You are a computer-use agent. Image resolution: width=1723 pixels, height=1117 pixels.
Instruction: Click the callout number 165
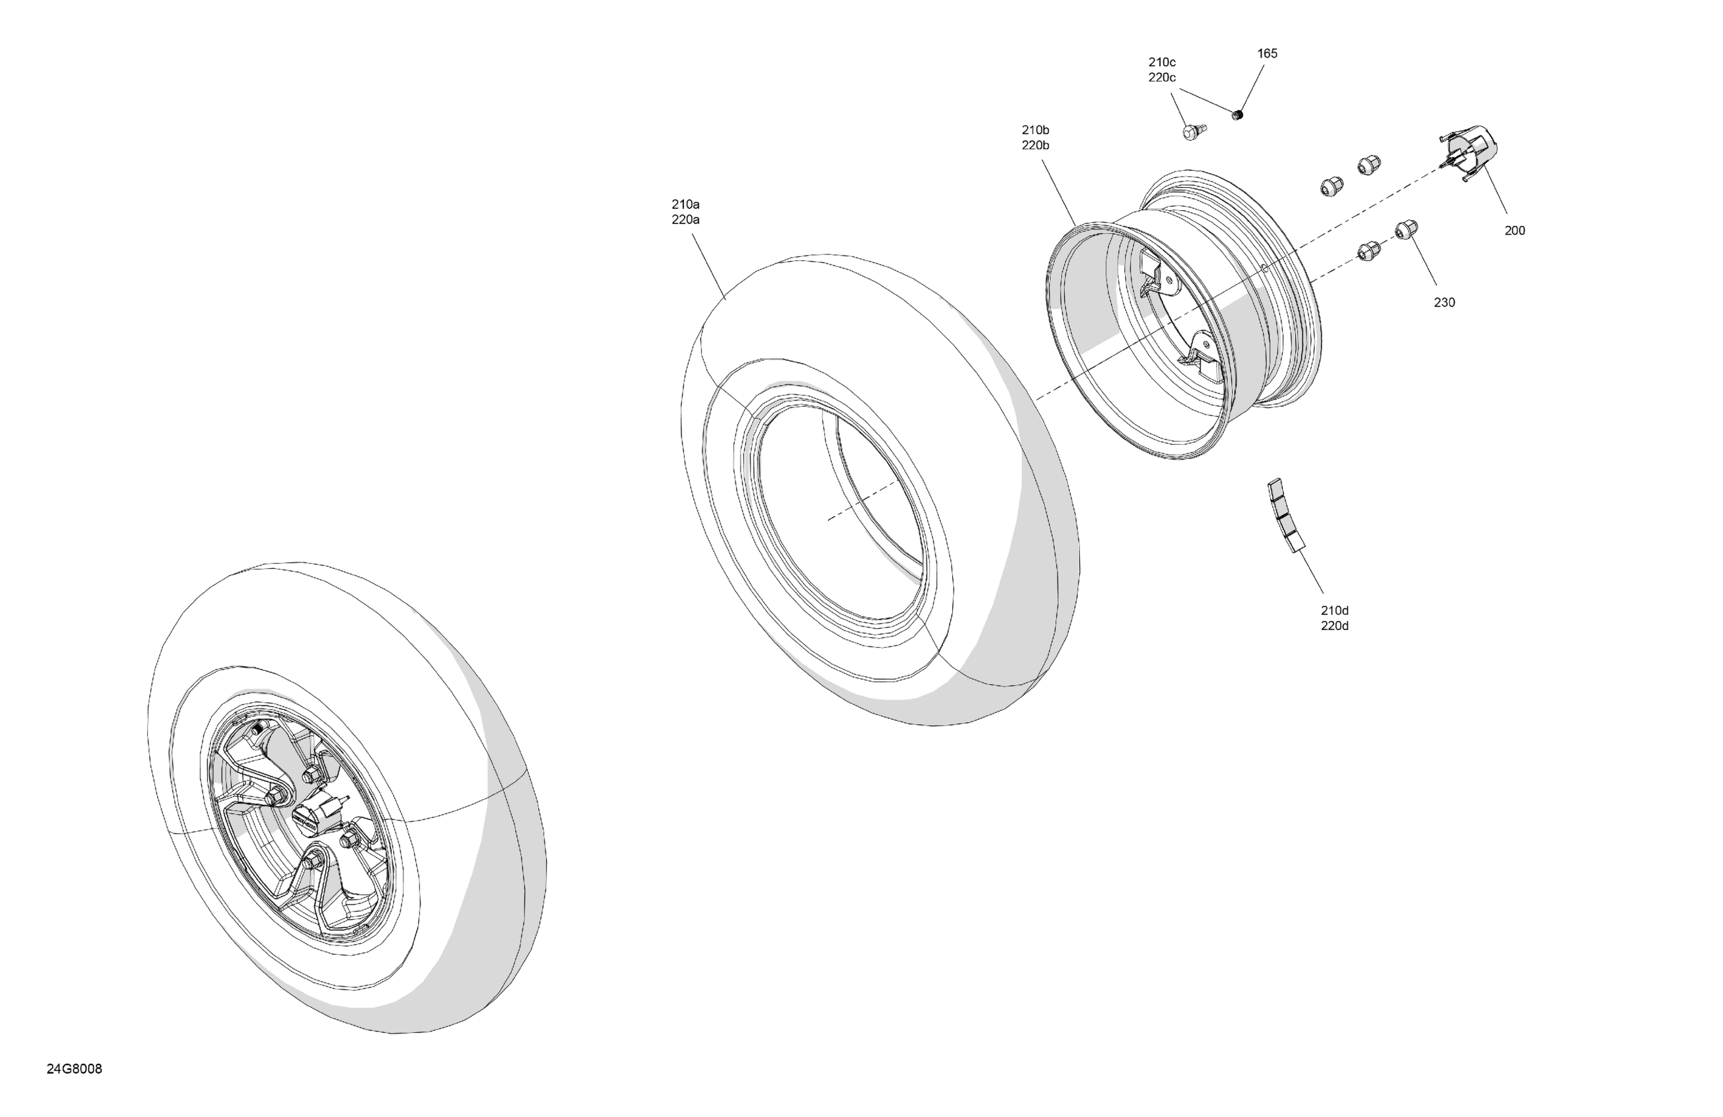(x=1267, y=54)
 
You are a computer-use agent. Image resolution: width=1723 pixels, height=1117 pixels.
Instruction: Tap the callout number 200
(x=1515, y=231)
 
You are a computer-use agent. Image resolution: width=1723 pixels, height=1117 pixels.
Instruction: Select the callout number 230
(x=1444, y=303)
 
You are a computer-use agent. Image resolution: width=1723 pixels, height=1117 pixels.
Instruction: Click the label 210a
(x=685, y=204)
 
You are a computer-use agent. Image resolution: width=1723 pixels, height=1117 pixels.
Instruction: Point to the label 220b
(x=1035, y=145)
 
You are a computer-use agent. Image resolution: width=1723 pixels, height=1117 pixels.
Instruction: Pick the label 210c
(x=1162, y=62)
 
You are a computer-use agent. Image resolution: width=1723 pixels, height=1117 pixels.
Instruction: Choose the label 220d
(x=1334, y=626)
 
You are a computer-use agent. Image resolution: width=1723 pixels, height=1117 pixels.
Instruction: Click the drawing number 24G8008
(x=74, y=1069)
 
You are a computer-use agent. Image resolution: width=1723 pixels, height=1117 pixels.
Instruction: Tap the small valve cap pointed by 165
(x=1237, y=114)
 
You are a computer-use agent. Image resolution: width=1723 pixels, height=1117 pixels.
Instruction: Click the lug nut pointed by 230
(x=1406, y=230)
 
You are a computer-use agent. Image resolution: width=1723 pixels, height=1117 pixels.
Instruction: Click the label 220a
(x=685, y=220)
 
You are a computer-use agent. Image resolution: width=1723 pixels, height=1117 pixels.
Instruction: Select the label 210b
(x=1035, y=130)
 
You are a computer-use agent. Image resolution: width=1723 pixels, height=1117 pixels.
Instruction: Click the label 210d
(x=1334, y=611)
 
